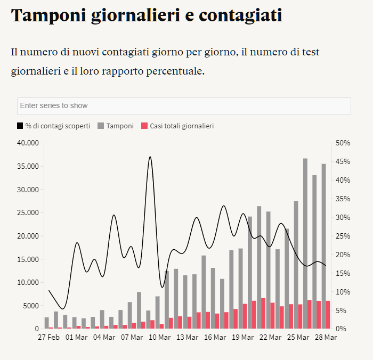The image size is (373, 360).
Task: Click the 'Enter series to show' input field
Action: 184,106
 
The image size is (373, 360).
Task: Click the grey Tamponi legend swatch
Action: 101,126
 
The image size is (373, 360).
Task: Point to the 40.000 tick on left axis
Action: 27,143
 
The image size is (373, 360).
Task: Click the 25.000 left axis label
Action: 27,212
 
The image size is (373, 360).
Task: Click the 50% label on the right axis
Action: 343,143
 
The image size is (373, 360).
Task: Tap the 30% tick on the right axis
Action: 343,217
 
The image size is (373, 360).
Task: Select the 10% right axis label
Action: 343,292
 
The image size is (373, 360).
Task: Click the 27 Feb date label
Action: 48,337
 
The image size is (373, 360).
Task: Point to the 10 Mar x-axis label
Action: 159,337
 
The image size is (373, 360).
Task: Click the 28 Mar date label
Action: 326,337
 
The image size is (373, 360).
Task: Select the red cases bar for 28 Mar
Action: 328,315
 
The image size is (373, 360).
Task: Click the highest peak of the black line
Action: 150,157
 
